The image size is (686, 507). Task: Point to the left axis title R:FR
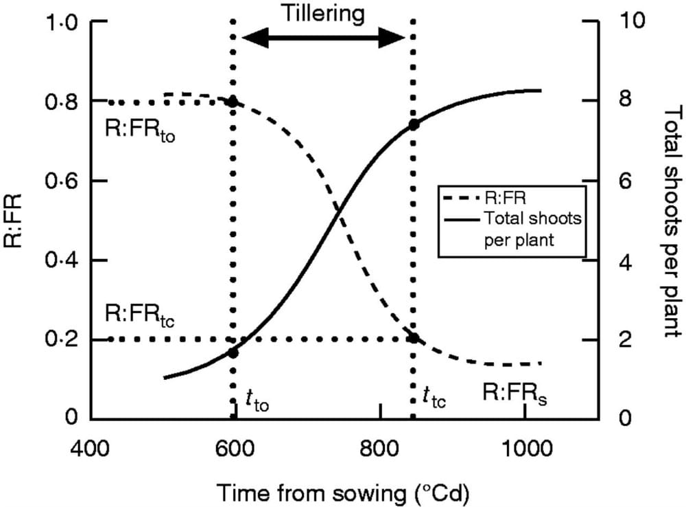click(x=15, y=220)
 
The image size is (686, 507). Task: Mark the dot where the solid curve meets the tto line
click(x=233, y=353)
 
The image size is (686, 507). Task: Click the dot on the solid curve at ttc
click(x=414, y=124)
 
